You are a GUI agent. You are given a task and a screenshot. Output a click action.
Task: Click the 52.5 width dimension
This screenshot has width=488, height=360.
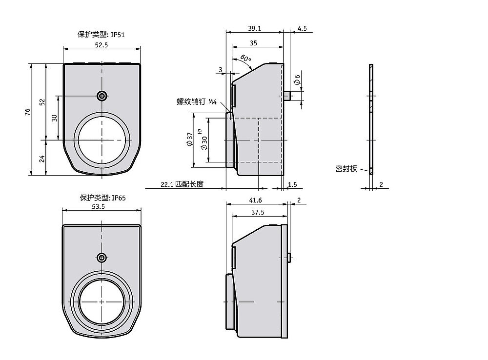click(101, 45)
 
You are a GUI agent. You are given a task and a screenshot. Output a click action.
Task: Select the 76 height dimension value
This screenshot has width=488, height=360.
click(28, 112)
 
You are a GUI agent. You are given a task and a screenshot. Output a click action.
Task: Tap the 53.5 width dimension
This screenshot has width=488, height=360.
click(99, 207)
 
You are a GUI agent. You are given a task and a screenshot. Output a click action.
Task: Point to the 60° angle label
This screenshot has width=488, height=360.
click(245, 58)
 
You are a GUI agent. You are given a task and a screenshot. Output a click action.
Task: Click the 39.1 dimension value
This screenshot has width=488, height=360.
click(255, 28)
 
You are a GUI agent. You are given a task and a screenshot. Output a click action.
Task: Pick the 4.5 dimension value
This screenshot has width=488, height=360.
click(302, 28)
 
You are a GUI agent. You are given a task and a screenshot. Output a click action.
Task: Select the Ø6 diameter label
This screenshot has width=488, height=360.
click(297, 80)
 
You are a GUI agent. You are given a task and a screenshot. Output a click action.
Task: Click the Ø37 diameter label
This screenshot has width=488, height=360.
click(189, 139)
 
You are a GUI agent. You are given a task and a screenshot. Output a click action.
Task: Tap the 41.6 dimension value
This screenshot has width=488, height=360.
click(256, 200)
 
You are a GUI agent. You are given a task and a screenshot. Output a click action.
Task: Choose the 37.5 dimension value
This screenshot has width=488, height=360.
click(258, 212)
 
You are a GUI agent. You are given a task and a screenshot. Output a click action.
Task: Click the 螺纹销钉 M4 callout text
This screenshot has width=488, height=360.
click(196, 102)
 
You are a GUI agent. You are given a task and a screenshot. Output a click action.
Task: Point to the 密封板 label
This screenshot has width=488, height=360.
click(346, 169)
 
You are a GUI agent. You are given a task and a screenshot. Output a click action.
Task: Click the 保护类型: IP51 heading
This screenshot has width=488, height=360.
click(101, 35)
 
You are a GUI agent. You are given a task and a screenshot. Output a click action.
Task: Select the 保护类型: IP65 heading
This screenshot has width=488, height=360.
click(102, 198)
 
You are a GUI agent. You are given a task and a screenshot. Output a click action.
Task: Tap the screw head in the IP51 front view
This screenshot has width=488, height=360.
click(102, 96)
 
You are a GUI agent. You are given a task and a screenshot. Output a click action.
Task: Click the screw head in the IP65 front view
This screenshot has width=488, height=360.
click(102, 258)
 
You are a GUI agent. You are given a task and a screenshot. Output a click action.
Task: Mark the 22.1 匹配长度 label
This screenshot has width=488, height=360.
click(182, 184)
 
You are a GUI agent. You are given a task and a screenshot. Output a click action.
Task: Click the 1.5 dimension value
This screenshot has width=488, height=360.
click(292, 184)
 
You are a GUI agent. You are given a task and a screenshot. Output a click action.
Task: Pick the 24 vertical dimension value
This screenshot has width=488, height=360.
click(42, 159)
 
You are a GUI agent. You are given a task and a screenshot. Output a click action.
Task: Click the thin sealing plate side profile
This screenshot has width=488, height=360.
click(371, 119)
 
